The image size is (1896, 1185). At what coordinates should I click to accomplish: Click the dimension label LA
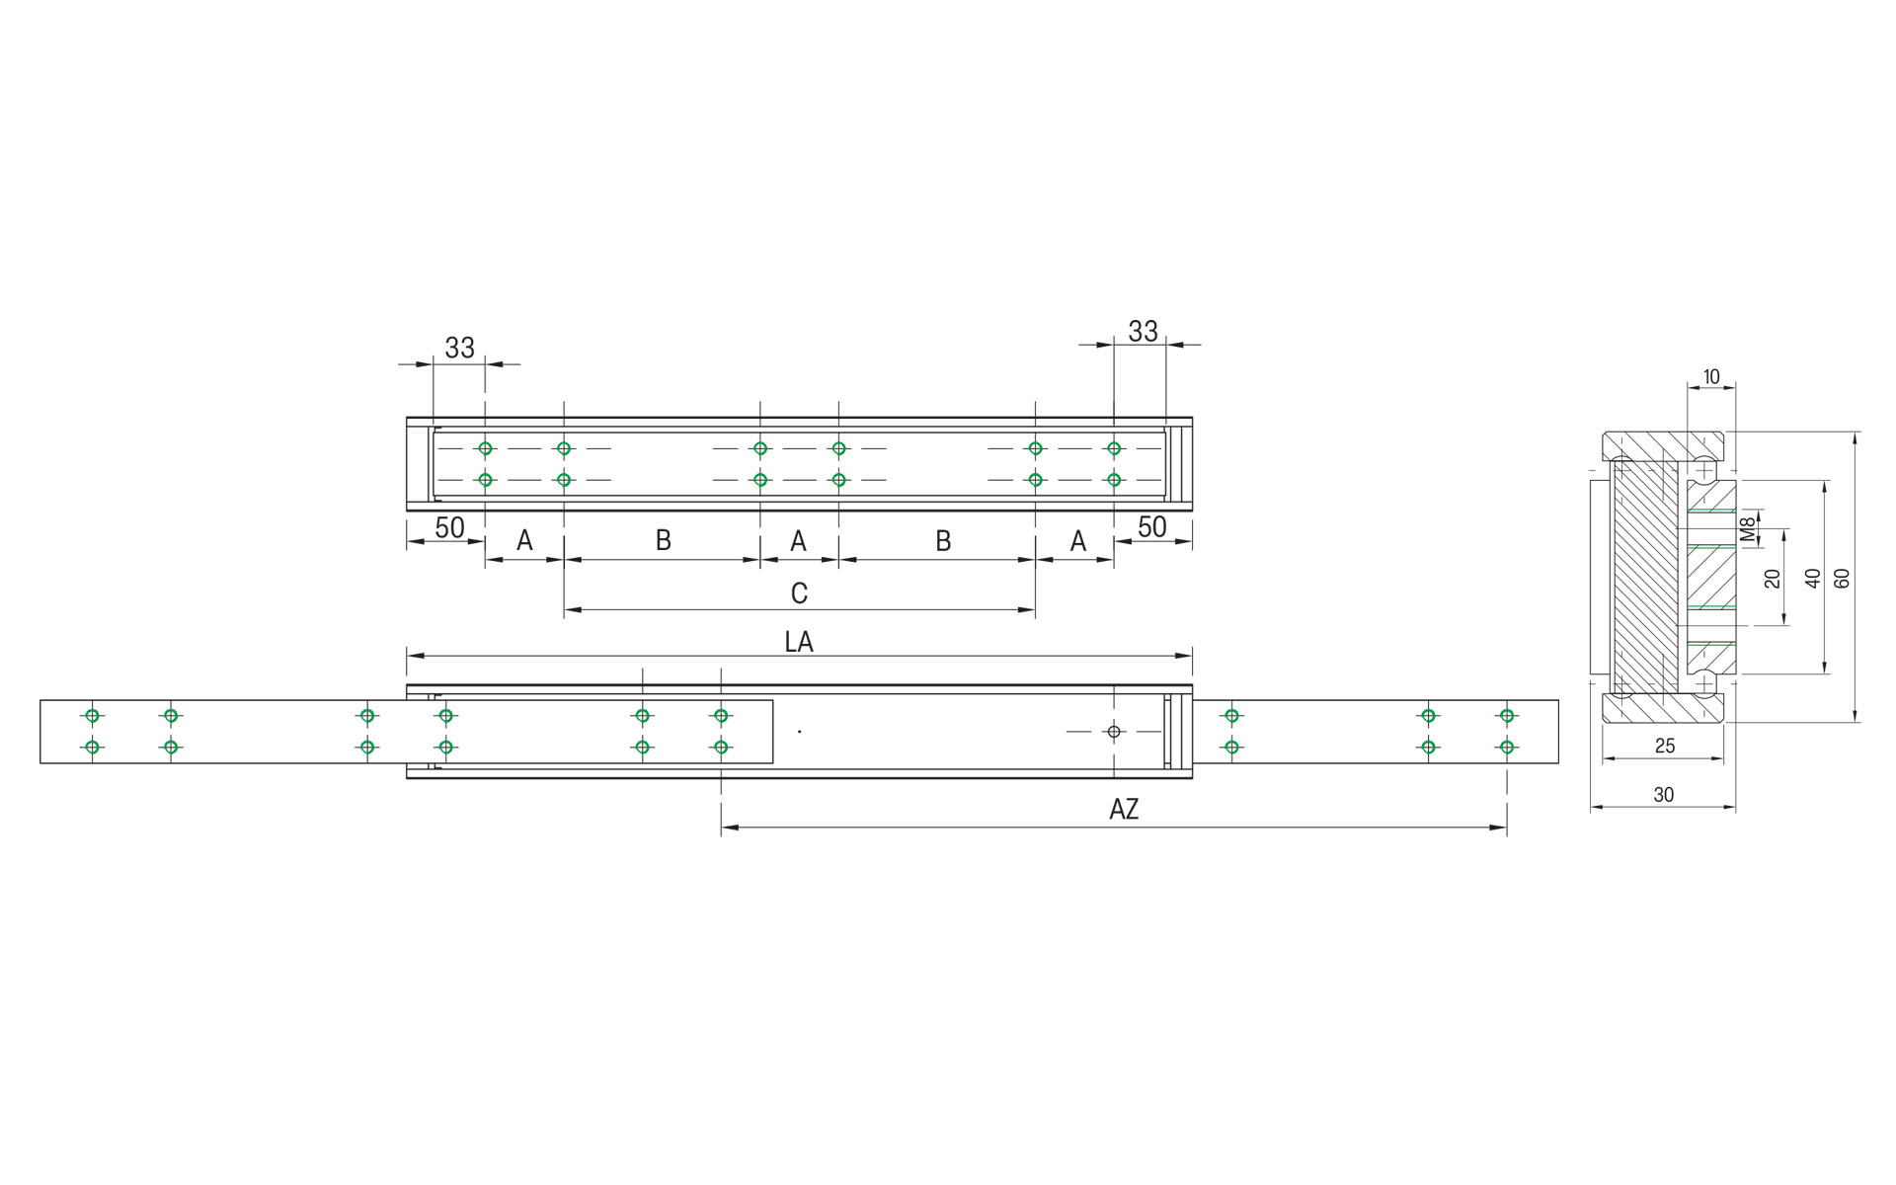click(x=798, y=642)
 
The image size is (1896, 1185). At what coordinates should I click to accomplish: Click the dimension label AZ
click(x=1124, y=810)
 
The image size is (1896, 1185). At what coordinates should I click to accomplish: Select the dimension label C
click(x=799, y=592)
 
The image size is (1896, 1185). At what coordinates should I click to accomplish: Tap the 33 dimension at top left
click(x=459, y=348)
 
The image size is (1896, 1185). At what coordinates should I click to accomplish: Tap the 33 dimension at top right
click(x=1143, y=331)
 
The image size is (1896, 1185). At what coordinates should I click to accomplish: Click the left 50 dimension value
click(x=449, y=527)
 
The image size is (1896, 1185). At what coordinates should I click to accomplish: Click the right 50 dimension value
click(x=1151, y=527)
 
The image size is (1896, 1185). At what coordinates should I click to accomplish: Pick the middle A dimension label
click(x=798, y=541)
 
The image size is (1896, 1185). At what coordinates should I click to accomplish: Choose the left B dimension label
click(x=664, y=540)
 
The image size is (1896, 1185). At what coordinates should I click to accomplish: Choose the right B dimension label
click(x=943, y=541)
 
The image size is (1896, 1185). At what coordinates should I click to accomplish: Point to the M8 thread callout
click(x=1748, y=529)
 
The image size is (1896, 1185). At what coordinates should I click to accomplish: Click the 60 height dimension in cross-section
click(x=1842, y=578)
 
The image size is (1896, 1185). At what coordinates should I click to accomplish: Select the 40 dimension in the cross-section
click(x=1812, y=578)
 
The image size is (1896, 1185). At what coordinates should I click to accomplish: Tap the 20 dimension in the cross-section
click(x=1773, y=578)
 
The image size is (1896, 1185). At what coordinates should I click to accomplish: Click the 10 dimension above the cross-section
click(x=1711, y=376)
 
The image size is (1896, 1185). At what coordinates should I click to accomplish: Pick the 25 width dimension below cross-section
click(x=1665, y=747)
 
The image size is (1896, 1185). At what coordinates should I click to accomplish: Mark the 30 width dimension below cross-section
click(x=1663, y=795)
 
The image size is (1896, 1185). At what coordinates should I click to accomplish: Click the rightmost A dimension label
click(x=1077, y=541)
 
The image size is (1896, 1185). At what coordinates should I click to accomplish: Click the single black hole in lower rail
click(x=1114, y=732)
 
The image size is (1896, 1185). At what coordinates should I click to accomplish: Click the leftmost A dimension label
click(x=524, y=540)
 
